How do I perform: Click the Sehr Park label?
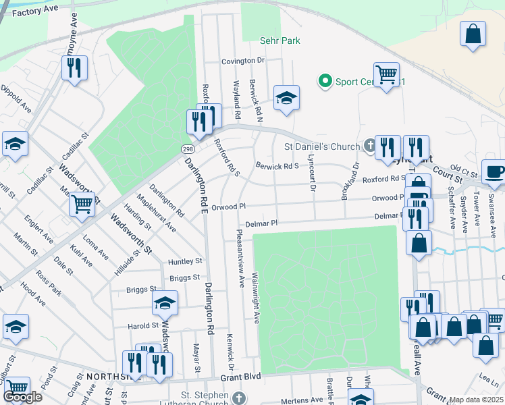click(x=280, y=41)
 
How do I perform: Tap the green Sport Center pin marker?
click(x=325, y=82)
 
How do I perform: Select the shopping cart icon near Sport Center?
click(x=386, y=75)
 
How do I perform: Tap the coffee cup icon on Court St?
click(x=494, y=172)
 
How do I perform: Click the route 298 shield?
click(x=186, y=148)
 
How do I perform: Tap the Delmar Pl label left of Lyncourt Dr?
click(x=261, y=223)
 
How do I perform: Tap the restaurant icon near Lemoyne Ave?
click(x=74, y=68)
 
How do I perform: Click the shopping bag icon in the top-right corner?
click(x=473, y=33)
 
